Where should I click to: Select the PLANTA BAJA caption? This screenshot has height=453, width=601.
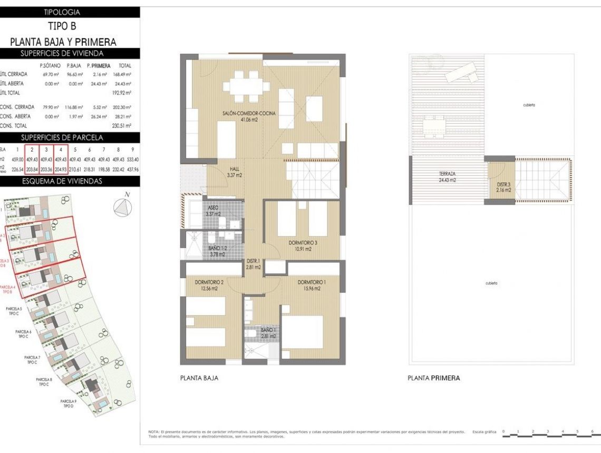(199, 378)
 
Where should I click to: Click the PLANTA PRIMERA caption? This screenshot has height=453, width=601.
(433, 378)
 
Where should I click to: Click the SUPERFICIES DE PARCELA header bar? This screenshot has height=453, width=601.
(70, 137)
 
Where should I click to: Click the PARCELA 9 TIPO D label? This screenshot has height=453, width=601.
(69, 403)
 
